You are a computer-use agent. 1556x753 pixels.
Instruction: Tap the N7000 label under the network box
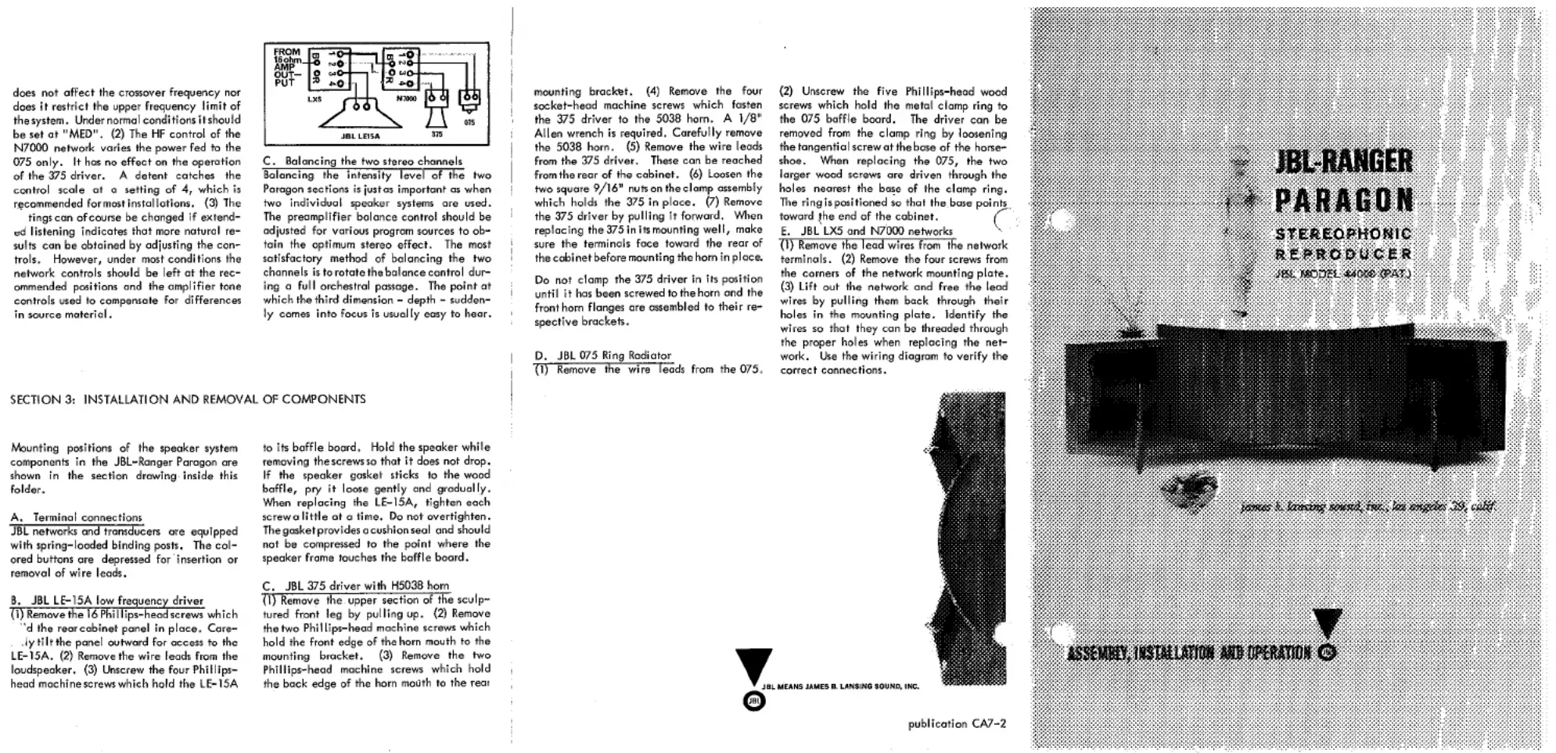click(x=406, y=99)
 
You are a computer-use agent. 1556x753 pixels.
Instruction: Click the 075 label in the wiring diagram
click(x=469, y=122)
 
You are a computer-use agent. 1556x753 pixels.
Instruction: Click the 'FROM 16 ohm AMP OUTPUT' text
click(x=286, y=67)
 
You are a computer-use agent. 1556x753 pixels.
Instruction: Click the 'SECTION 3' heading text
click(x=188, y=399)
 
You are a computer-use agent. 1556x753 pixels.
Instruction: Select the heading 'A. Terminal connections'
click(x=77, y=517)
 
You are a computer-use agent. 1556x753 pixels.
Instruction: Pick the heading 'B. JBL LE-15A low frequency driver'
click(x=107, y=600)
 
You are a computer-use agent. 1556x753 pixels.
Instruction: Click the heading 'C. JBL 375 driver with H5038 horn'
click(x=356, y=585)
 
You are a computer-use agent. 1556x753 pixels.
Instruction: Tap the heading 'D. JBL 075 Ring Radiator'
click(x=602, y=355)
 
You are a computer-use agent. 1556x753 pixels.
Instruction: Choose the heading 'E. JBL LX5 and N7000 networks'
click(x=866, y=231)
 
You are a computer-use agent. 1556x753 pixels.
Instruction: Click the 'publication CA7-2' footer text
click(x=957, y=724)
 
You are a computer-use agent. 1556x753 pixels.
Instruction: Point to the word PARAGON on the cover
click(x=1343, y=200)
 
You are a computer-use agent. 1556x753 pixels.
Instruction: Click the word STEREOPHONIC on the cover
click(x=1343, y=233)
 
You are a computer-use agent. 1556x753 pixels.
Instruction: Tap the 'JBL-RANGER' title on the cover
click(x=1343, y=162)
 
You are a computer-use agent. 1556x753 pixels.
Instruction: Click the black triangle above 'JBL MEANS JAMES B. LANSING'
click(x=753, y=666)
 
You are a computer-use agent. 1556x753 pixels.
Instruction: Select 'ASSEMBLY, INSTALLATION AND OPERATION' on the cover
click(x=1189, y=653)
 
